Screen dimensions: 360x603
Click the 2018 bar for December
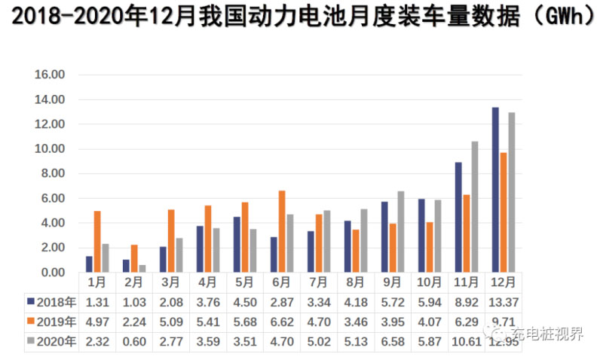[x=495, y=190]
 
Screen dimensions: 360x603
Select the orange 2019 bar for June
[x=282, y=231]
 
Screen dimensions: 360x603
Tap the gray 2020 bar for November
[x=475, y=207]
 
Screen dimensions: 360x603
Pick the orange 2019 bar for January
[x=97, y=242]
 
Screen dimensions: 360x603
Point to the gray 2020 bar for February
[x=142, y=268]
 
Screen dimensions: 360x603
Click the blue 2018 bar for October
[x=421, y=236]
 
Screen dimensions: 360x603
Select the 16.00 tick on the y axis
[x=51, y=75]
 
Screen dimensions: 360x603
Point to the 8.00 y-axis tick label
[x=51, y=173]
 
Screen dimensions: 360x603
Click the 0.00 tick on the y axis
[x=51, y=272]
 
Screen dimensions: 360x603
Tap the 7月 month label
[x=319, y=282]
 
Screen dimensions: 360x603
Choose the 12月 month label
[x=504, y=282]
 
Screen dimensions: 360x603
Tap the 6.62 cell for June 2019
[x=282, y=322]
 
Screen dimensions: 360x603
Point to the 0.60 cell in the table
[x=134, y=341]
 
